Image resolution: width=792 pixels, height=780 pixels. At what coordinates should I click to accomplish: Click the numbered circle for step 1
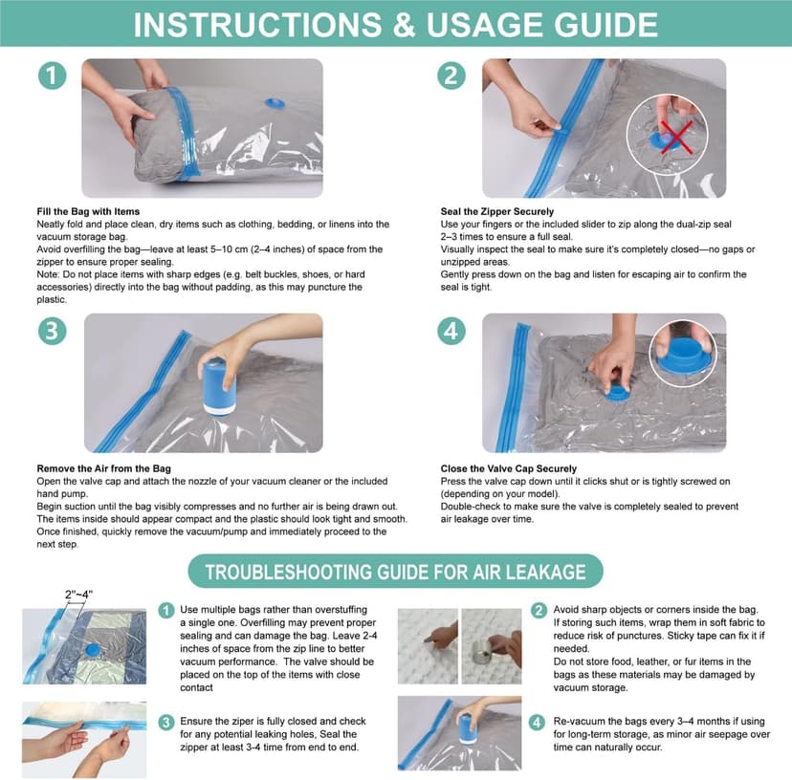point(52,76)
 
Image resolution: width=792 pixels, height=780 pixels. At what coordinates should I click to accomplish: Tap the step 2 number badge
point(451,76)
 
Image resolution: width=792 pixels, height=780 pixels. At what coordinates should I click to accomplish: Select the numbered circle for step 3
point(52,331)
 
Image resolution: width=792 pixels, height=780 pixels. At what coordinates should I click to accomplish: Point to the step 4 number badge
point(451,331)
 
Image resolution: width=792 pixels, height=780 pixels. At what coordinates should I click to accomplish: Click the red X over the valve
point(676,137)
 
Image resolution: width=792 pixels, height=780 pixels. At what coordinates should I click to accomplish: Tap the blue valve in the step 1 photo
point(275,103)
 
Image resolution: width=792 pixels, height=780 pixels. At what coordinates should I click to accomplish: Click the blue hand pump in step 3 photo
point(220,386)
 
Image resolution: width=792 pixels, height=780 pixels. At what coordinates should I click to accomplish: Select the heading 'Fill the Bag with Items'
point(88,211)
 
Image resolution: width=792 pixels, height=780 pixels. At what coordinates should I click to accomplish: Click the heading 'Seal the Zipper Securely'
point(497,211)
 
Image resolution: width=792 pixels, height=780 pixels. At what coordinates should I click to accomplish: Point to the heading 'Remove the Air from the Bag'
point(103,468)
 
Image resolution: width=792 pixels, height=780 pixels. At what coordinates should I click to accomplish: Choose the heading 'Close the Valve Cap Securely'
point(509,468)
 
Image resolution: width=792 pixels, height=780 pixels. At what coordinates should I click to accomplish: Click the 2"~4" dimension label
point(78,595)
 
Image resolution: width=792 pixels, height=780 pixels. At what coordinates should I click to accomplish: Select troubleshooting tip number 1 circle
point(166,611)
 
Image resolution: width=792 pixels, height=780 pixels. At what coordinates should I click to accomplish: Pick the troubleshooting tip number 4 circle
point(537,722)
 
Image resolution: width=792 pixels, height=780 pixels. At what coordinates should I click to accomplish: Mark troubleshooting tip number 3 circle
point(166,722)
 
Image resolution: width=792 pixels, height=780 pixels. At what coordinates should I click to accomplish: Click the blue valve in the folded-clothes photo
point(93,650)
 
